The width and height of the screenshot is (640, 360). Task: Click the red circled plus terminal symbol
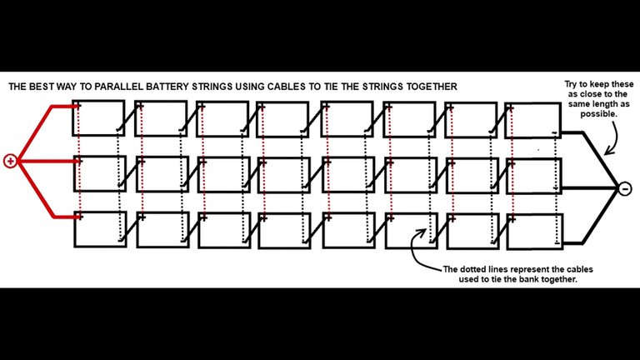(x=10, y=162)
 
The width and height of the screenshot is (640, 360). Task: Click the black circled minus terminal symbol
(x=625, y=189)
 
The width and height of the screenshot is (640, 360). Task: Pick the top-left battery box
(x=99, y=119)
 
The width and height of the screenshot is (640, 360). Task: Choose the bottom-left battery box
(x=99, y=229)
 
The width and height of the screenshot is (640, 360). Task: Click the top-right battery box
(x=534, y=120)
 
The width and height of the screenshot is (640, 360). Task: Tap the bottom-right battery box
(x=534, y=230)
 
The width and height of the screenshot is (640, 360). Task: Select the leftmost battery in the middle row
(x=99, y=174)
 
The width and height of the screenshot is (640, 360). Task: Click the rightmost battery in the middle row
(x=534, y=175)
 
